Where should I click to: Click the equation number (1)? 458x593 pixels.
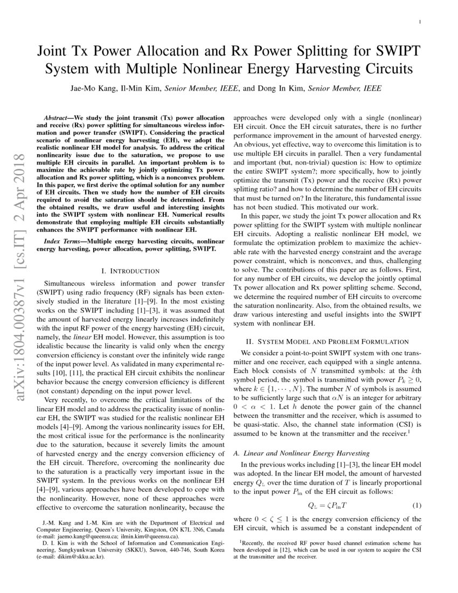[x=417, y=505]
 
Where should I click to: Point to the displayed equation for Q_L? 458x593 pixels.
[x=327, y=505]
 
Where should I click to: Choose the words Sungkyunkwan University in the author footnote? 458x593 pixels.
[x=72, y=550]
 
